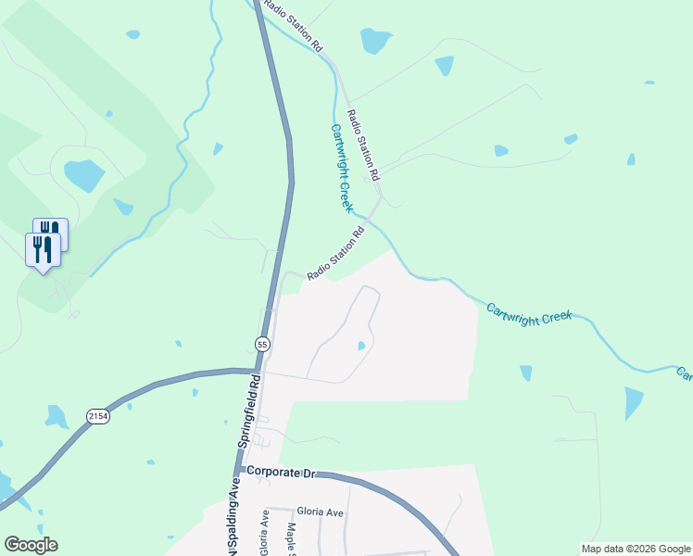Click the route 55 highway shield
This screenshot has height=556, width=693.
[x=262, y=344]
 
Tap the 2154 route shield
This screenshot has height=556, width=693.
[x=98, y=417]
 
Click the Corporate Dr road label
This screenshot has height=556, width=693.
[x=282, y=473]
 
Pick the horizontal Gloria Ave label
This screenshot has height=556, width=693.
[x=320, y=511]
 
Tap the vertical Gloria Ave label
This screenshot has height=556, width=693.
[x=264, y=533]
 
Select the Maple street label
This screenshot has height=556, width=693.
[x=291, y=537]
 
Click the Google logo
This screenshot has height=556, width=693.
[x=31, y=545]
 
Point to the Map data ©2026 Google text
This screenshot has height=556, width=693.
[x=636, y=549]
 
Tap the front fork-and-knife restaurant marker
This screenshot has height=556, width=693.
[x=43, y=250]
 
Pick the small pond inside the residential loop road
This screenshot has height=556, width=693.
[x=361, y=347]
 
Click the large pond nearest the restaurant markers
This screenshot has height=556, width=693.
[x=83, y=173]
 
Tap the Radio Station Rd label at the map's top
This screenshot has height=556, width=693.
[x=293, y=25]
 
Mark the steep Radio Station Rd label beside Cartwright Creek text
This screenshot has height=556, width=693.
[x=363, y=145]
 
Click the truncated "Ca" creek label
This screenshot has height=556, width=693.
[x=684, y=374]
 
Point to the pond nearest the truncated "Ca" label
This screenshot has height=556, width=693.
[x=634, y=403]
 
